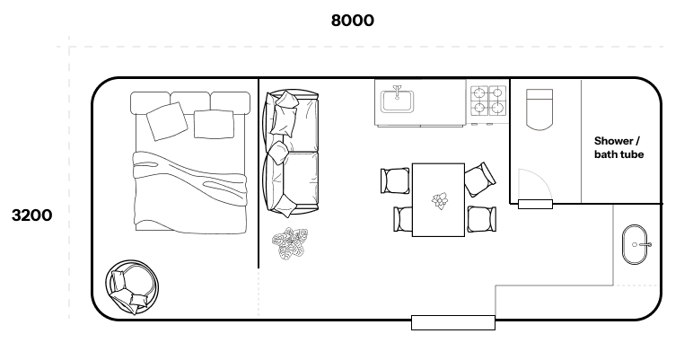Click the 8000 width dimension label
click(353, 21)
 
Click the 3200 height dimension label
click(31, 215)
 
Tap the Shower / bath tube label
click(618, 148)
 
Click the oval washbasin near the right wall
click(639, 244)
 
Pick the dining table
click(438, 199)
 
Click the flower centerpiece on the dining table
click(440, 200)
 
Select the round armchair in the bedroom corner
click(132, 287)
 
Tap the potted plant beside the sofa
click(290, 243)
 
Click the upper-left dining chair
click(395, 180)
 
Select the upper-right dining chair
click(479, 179)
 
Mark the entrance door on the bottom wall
click(453, 321)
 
